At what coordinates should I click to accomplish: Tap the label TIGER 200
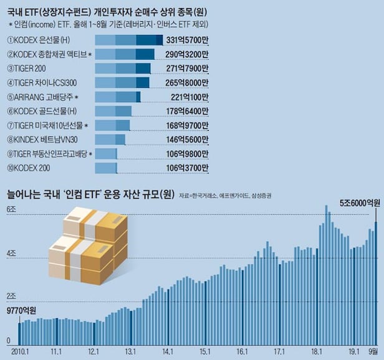(x=30, y=69)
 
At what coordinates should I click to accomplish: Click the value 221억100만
(x=185, y=97)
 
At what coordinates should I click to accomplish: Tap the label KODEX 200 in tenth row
(x=29, y=168)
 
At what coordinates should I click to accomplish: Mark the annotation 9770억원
(x=22, y=310)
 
